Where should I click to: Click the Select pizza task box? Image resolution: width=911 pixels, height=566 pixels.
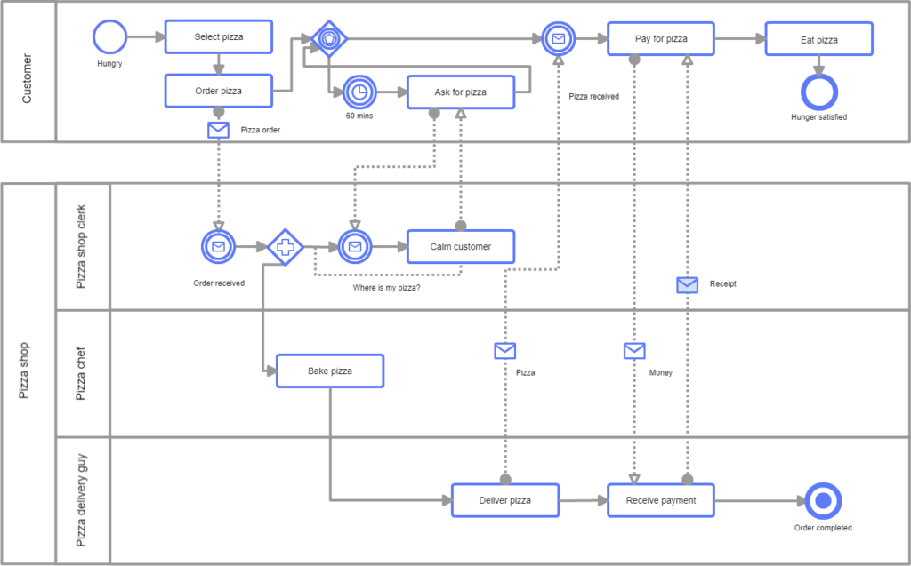(219, 37)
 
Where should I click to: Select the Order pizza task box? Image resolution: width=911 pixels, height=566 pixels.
(219, 91)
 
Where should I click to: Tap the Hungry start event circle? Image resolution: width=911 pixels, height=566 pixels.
(110, 38)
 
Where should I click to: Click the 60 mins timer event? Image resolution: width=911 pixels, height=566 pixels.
(359, 92)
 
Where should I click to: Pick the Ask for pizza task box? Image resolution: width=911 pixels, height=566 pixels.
(460, 92)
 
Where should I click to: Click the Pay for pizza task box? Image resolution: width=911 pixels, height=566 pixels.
(661, 39)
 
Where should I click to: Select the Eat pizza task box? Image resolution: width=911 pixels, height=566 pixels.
(818, 39)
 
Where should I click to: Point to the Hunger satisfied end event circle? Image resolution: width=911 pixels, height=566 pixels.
(818, 92)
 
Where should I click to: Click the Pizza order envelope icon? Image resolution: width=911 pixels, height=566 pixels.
(218, 130)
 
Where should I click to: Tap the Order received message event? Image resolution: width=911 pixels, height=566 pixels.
(218, 247)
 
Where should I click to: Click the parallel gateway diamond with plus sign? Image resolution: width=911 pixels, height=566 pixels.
(285, 247)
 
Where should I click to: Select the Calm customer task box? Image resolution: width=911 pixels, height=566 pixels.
(460, 247)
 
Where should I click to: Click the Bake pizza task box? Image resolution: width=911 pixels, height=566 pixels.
(330, 371)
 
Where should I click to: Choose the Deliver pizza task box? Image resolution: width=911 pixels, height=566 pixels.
(504, 500)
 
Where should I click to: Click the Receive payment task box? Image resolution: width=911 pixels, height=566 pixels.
(661, 500)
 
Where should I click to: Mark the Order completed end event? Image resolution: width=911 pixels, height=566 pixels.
(822, 501)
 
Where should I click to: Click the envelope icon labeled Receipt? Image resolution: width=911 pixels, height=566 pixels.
(687, 284)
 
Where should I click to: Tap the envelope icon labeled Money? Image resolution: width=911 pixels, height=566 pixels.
(634, 351)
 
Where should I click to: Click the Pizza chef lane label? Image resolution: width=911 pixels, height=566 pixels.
(81, 373)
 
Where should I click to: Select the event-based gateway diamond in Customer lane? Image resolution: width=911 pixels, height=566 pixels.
(329, 38)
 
